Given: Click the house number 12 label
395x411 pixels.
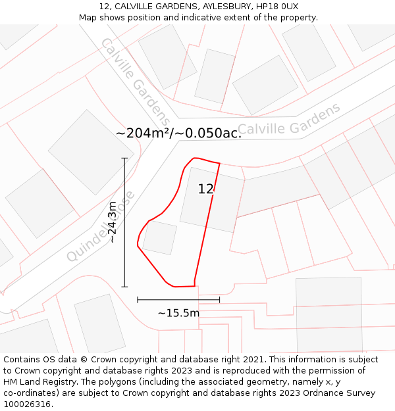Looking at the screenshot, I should (205, 189).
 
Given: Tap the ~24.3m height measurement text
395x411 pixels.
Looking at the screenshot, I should (113, 222).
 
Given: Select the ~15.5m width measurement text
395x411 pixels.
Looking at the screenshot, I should (178, 313).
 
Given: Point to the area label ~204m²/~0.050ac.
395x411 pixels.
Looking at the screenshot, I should (178, 133).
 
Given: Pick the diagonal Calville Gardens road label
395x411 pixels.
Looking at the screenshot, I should (135, 82).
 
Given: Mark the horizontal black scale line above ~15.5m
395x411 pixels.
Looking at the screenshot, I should (178, 300).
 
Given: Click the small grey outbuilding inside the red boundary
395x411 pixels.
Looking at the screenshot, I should (160, 237).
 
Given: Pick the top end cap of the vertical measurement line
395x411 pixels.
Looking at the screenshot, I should (124, 158).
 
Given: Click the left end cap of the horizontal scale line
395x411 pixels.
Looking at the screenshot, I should (138, 300).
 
